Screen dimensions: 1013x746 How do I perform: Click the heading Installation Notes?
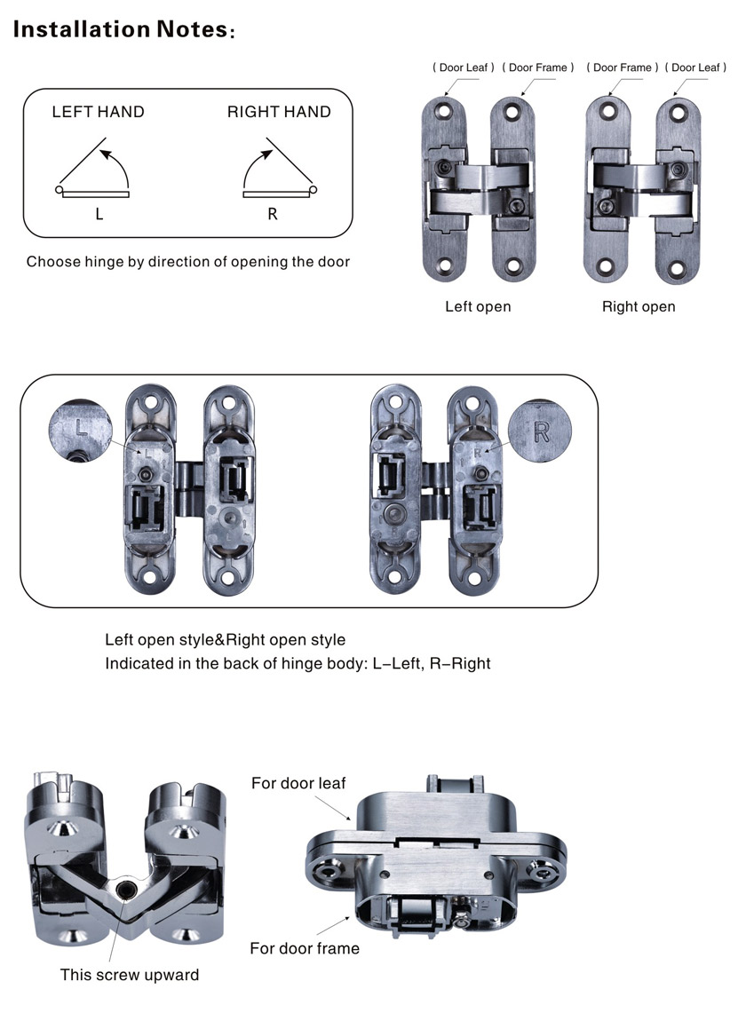click(122, 28)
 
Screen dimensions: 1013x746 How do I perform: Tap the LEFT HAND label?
click(98, 112)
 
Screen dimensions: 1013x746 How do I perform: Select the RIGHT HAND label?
click(279, 112)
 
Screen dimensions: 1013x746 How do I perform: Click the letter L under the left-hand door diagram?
click(99, 214)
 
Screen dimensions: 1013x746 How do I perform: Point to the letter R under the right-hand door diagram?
click(273, 214)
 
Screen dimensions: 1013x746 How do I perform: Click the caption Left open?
click(478, 306)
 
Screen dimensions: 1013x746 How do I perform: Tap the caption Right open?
click(639, 306)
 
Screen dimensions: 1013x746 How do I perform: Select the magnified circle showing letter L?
click(82, 429)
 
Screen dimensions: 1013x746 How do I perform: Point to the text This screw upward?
click(130, 975)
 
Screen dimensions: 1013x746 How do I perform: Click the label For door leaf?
click(298, 783)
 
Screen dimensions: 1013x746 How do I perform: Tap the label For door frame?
click(305, 948)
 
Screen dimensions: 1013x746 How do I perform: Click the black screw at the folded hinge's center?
click(125, 889)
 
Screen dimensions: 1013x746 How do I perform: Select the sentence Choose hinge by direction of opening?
click(188, 262)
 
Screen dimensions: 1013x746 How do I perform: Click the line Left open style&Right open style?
click(226, 640)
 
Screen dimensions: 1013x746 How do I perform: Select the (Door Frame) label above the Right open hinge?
click(624, 67)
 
